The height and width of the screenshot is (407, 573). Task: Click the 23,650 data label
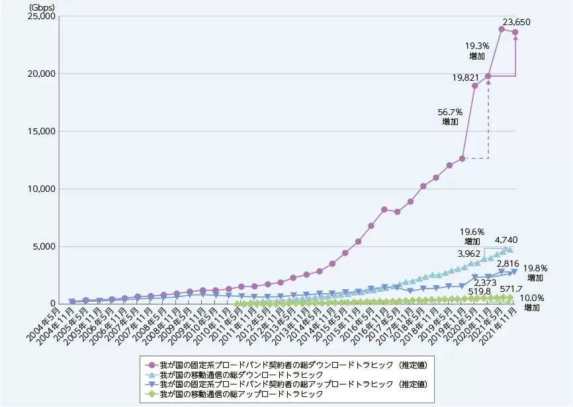(x=517, y=23)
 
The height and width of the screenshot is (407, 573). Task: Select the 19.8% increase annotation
(x=537, y=273)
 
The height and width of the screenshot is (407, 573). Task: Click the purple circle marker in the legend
(x=151, y=365)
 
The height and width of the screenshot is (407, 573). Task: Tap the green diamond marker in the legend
(x=151, y=394)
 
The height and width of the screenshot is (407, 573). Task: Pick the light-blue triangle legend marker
(x=151, y=375)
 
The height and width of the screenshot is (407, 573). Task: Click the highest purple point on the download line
(x=502, y=29)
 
